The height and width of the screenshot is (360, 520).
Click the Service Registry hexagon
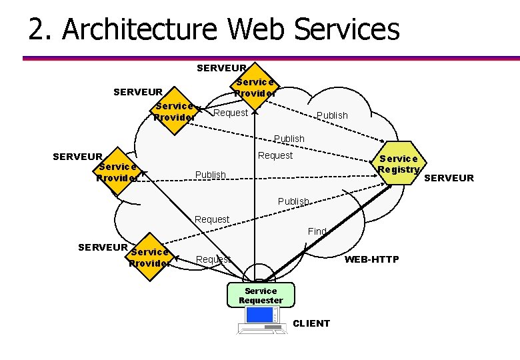coord(399,164)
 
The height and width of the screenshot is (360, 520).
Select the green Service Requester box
coord(261,295)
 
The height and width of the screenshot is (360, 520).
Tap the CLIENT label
coord(311,323)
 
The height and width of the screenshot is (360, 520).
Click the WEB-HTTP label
coord(371,259)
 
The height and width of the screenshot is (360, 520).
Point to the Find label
coord(317,231)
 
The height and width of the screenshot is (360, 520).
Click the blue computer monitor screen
coord(259,314)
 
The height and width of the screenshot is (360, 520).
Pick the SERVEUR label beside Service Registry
coord(449,178)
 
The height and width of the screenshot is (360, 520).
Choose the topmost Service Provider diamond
coord(254,87)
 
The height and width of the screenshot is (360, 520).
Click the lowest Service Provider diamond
coord(149,257)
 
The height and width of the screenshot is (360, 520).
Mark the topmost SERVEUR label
coord(221,67)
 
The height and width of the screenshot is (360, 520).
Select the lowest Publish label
coord(293,201)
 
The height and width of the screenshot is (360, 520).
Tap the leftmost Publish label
coord(211,175)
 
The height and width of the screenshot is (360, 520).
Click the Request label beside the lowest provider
coord(213,259)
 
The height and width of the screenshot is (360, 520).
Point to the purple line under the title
coord(267,59)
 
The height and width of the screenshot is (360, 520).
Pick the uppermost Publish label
coord(332,115)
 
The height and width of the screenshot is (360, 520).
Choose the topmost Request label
coord(231,113)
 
